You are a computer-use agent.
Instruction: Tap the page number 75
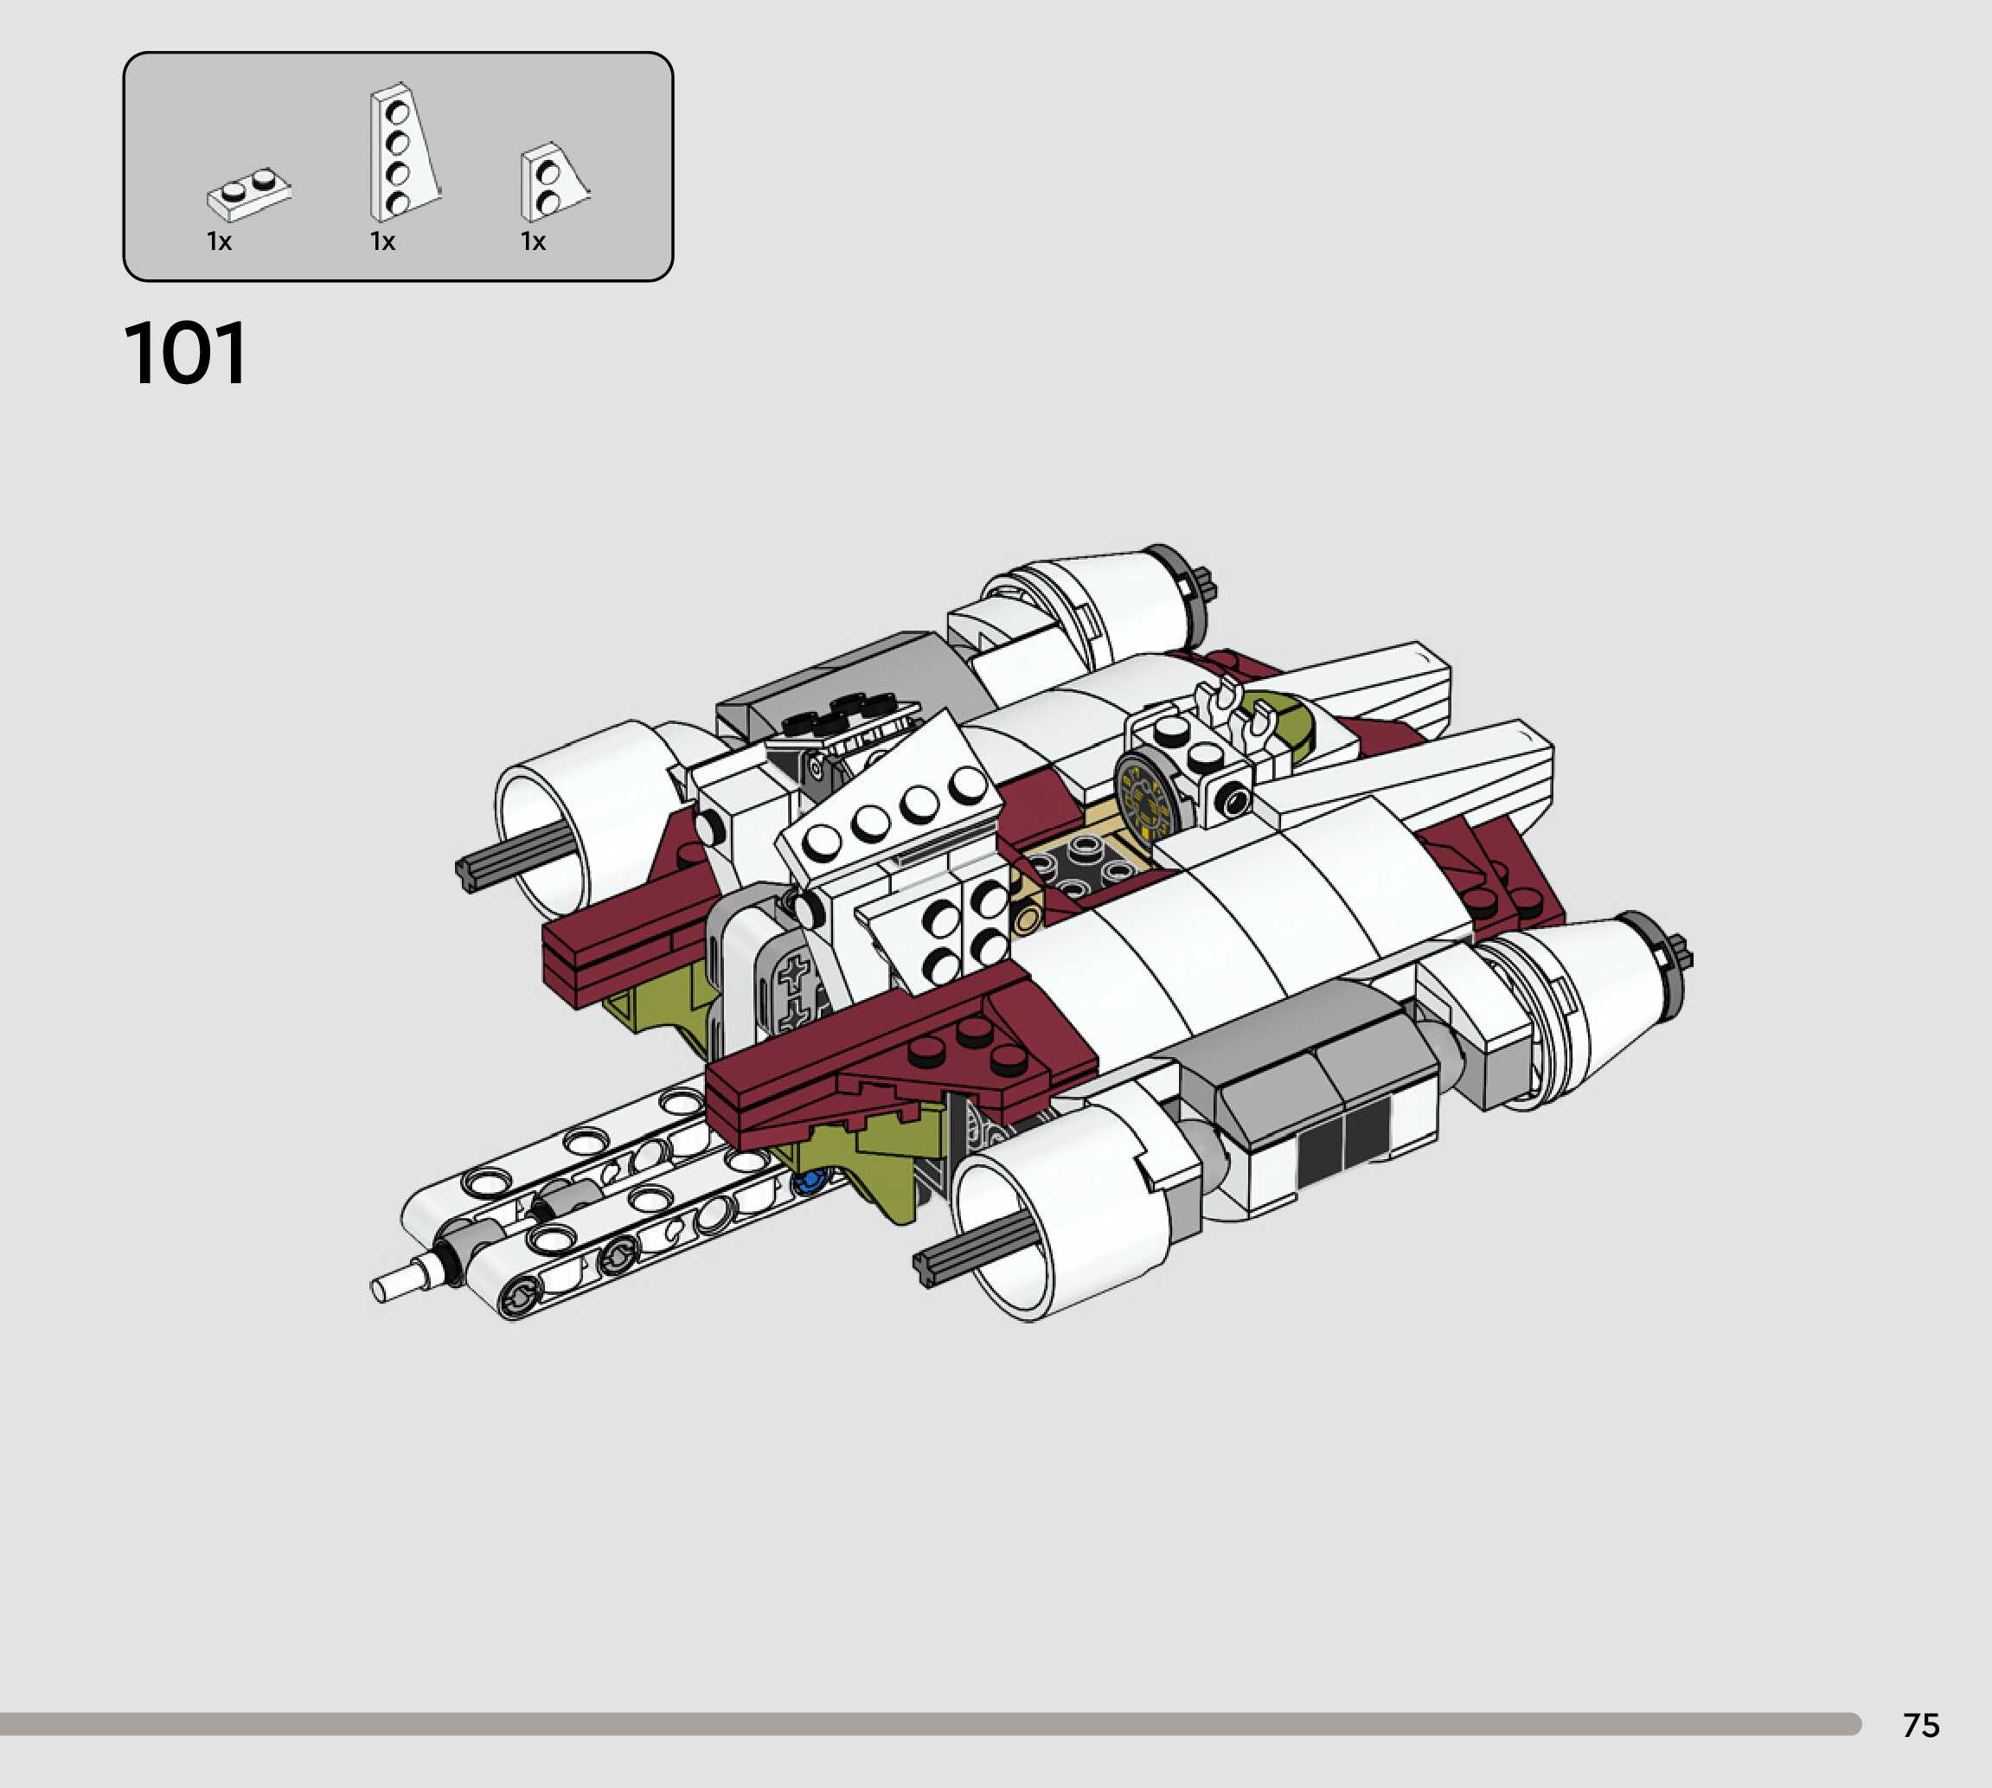coord(1920,1724)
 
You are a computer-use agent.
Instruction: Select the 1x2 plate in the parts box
coord(248,195)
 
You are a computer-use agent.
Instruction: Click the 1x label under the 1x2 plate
coord(219,241)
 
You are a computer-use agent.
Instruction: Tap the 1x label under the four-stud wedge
coord(382,241)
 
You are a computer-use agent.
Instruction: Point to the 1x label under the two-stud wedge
coord(532,241)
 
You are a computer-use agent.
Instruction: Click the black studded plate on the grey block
coord(847,715)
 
